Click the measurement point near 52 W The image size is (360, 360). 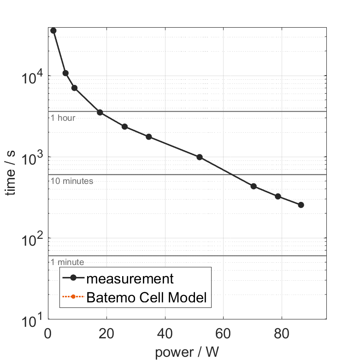click(200, 157)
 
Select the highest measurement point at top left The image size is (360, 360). click(53, 30)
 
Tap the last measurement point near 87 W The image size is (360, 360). click(301, 205)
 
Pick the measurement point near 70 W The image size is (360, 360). click(253, 186)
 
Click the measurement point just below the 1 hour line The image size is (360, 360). click(100, 112)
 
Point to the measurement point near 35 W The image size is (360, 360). click(148, 137)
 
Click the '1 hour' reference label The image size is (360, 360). click(63, 118)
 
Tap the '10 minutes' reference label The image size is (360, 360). click(72, 181)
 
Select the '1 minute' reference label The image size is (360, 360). click(67, 262)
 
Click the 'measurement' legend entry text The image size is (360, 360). click(130, 279)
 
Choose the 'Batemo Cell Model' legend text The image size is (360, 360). click(147, 298)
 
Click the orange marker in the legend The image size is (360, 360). click(73, 298)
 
